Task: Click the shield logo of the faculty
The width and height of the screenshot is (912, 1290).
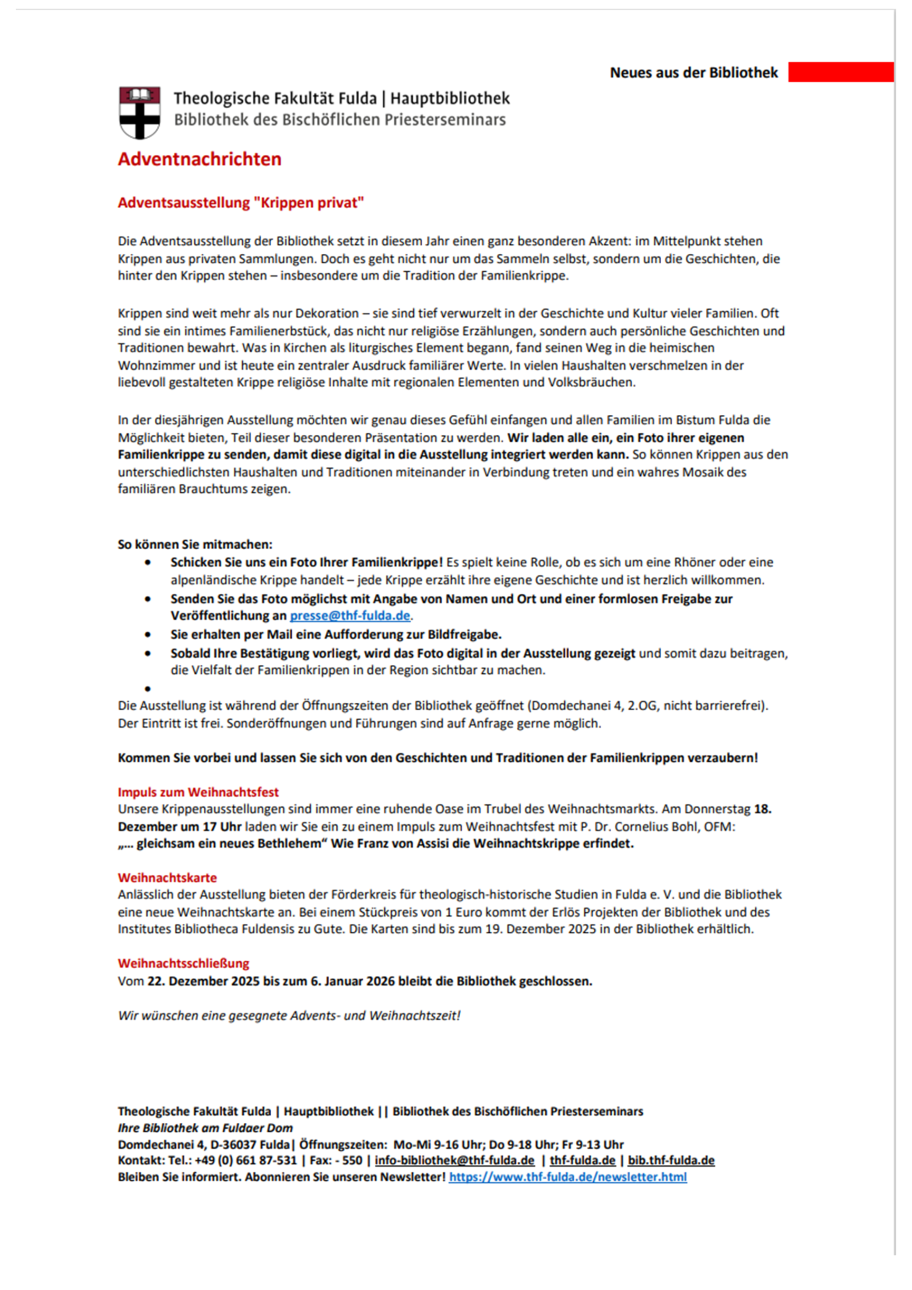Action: pyautogui.click(x=139, y=112)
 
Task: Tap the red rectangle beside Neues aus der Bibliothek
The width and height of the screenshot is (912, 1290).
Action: pyautogui.click(x=840, y=72)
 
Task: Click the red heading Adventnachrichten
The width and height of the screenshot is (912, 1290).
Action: pyautogui.click(x=199, y=159)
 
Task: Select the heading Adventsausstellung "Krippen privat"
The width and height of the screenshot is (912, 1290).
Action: pyautogui.click(x=241, y=203)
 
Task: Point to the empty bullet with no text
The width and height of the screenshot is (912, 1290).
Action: pyautogui.click(x=148, y=689)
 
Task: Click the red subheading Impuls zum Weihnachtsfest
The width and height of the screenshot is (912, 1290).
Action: pyautogui.click(x=198, y=792)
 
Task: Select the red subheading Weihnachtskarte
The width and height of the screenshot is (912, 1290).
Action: pyautogui.click(x=167, y=878)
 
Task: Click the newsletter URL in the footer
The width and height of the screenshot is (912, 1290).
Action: pyautogui.click(x=567, y=1177)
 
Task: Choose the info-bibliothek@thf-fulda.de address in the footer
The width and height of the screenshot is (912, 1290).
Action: pyautogui.click(x=454, y=1160)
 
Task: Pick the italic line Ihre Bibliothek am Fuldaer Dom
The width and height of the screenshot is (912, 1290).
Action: pyautogui.click(x=205, y=1128)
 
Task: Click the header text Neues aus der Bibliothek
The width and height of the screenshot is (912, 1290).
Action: pyautogui.click(x=693, y=73)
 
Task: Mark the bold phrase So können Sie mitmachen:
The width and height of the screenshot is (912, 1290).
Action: pyautogui.click(x=195, y=545)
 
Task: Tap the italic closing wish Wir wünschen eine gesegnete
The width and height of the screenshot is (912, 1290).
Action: pyautogui.click(x=289, y=1015)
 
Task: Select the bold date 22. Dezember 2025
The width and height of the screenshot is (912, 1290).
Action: pyautogui.click(x=203, y=981)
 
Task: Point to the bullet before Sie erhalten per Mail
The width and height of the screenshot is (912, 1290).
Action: pyautogui.click(x=148, y=635)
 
